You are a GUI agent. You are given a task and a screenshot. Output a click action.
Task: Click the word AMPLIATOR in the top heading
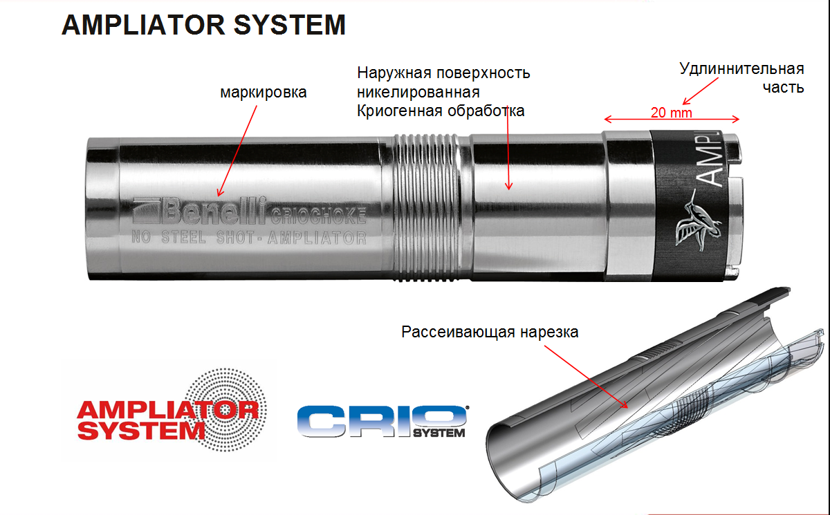144,25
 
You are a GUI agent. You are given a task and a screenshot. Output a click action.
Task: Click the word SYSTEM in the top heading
290,25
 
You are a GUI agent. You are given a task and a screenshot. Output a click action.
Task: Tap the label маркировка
264,93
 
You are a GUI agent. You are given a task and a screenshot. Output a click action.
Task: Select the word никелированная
418,92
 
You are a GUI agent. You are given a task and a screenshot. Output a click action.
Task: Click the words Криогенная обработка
441,111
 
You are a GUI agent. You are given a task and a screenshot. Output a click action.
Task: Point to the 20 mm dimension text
672,113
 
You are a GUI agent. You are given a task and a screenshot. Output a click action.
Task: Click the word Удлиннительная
741,69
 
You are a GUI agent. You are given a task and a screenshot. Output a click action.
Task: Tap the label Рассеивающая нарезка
490,332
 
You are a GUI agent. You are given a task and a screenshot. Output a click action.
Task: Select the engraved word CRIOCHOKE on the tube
319,216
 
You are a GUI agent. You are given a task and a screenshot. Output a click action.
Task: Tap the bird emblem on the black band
698,220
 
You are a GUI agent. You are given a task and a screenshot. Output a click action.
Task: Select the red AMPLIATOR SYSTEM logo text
167,420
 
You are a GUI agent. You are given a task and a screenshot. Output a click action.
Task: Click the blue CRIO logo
382,421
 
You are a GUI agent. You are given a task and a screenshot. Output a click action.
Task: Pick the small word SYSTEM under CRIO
439,433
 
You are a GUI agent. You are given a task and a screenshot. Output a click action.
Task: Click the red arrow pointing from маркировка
237,151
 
